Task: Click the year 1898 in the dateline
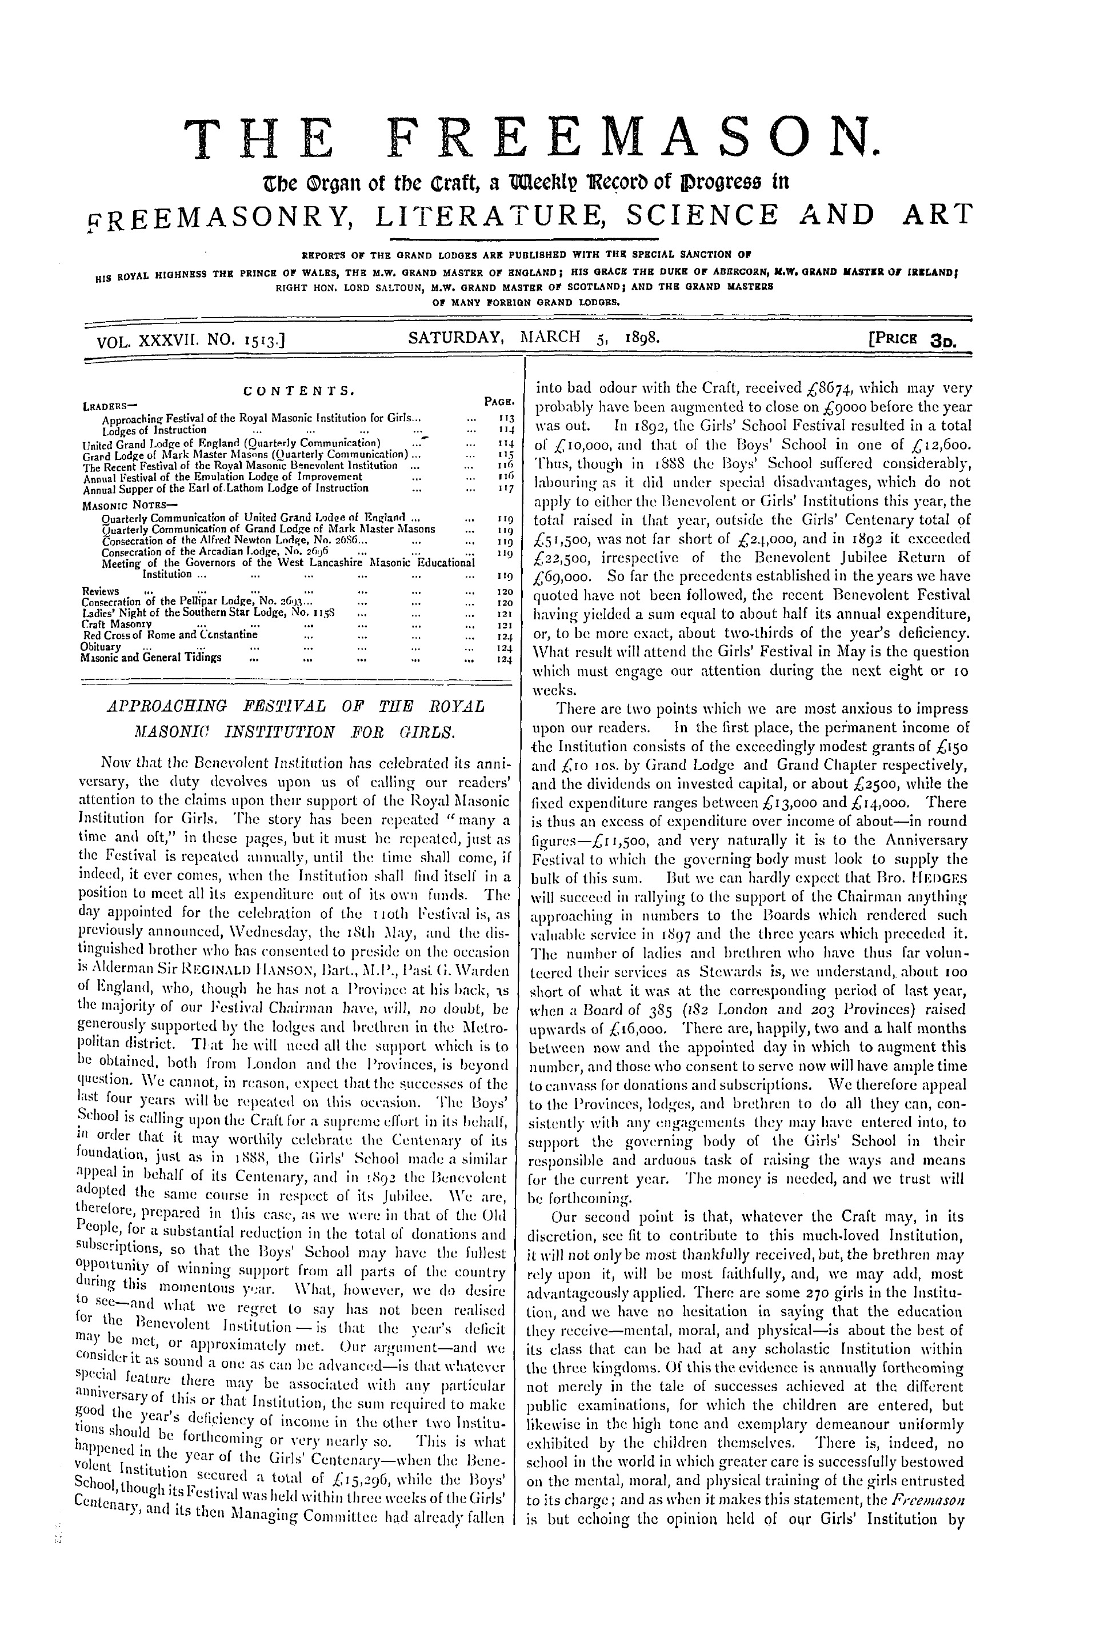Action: click(641, 339)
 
